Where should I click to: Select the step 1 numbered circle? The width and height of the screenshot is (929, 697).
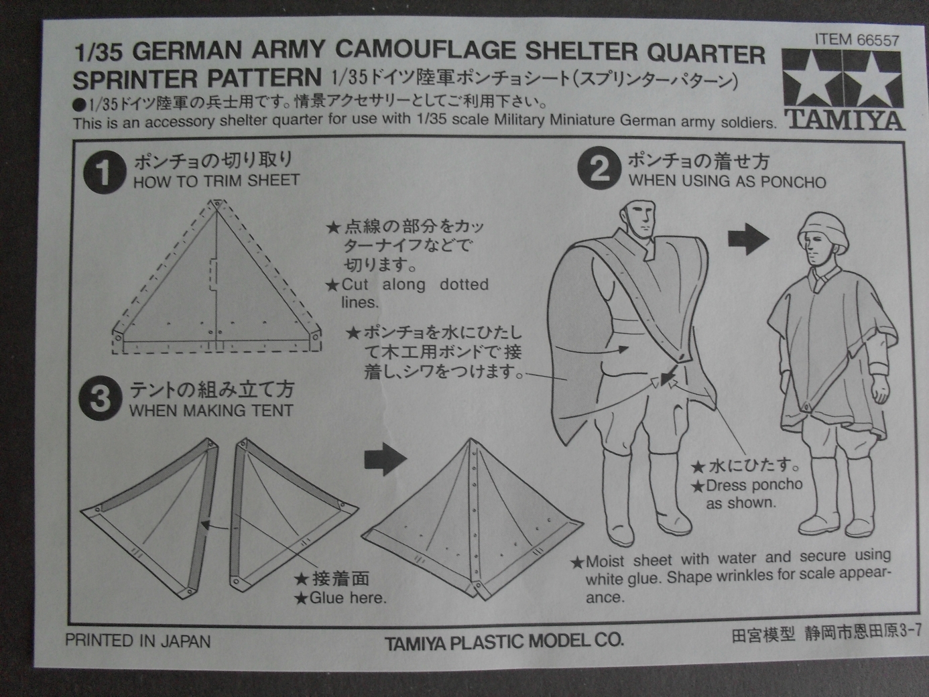(104, 172)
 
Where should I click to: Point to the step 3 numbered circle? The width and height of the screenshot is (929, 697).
(100, 399)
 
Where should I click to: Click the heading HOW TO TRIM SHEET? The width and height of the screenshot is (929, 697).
(216, 181)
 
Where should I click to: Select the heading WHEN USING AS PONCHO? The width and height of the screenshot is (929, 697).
(727, 182)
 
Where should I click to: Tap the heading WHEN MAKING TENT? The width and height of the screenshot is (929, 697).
(211, 410)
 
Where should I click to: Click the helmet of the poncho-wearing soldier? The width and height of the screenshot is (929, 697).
(824, 228)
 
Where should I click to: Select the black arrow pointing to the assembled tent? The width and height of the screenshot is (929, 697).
(385, 460)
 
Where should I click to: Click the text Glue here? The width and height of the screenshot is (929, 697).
(347, 597)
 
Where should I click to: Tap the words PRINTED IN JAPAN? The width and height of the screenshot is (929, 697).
(137, 641)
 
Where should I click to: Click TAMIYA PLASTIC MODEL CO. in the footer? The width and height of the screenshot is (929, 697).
(503, 641)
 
